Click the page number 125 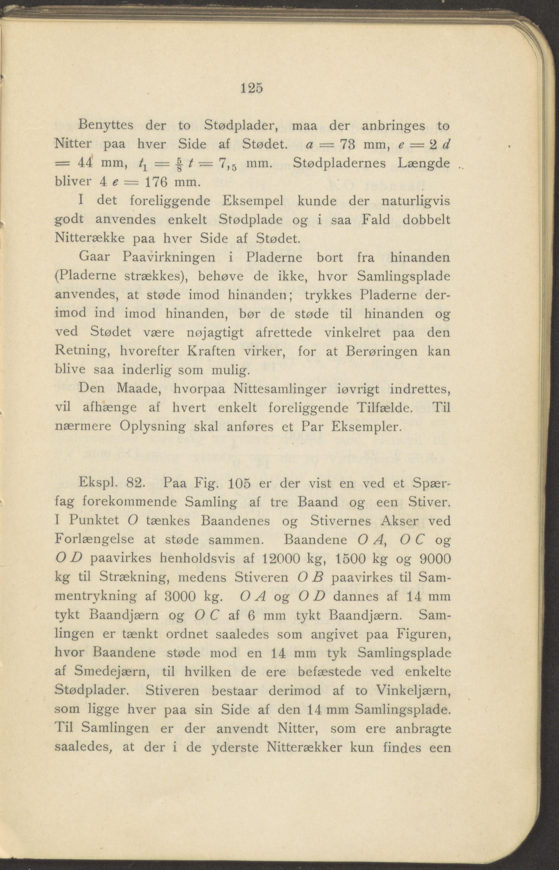click(x=251, y=89)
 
